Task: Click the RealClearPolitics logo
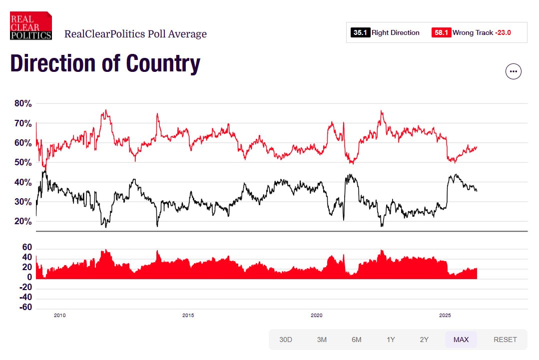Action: [31, 25]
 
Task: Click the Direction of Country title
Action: [105, 63]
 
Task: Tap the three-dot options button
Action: [514, 71]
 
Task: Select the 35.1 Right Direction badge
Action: [360, 32]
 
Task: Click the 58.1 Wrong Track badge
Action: [442, 32]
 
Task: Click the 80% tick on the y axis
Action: [23, 104]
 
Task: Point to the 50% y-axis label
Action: [23, 163]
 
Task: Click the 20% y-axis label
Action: [23, 222]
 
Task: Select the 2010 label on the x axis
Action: [59, 316]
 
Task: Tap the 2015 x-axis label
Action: [188, 316]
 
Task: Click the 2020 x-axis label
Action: [317, 316]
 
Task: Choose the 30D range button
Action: [286, 340]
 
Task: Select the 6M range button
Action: [356, 340]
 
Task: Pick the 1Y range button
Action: [391, 340]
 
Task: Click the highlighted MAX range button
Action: [461, 340]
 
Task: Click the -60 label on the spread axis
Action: [26, 307]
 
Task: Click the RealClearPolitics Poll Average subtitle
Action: [135, 34]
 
